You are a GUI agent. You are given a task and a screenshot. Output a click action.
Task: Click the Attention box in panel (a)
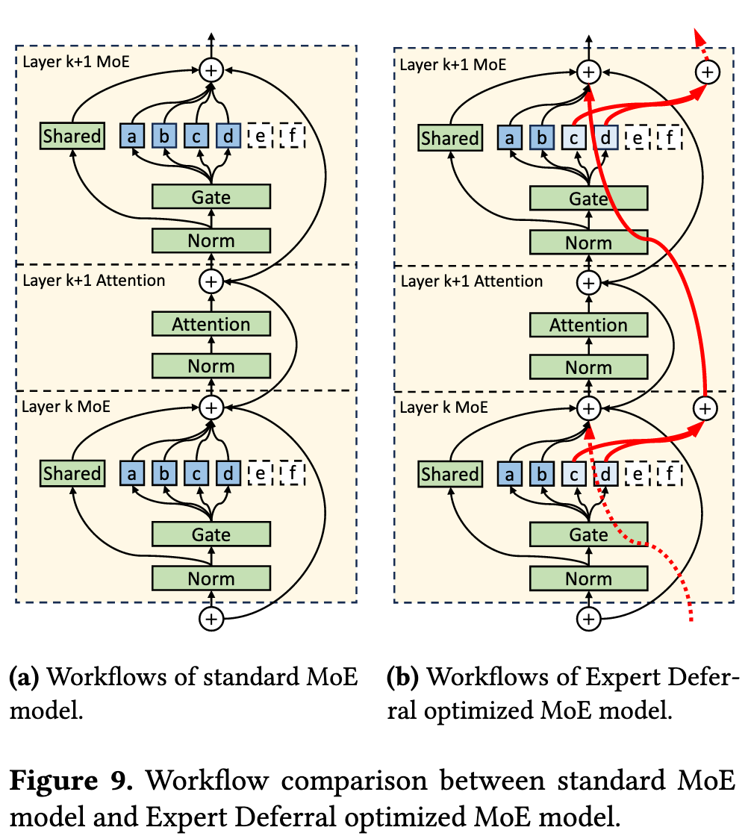pyautogui.click(x=211, y=324)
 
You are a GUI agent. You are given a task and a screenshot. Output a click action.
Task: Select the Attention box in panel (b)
pyautogui.click(x=588, y=325)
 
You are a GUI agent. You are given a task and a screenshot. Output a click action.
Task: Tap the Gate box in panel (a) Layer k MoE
pyautogui.click(x=211, y=534)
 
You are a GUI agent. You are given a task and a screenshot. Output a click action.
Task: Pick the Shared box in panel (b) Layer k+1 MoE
pyautogui.click(x=449, y=138)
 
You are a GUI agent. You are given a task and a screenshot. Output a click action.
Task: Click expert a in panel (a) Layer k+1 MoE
pyautogui.click(x=132, y=136)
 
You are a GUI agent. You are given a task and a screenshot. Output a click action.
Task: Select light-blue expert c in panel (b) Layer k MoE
pyautogui.click(x=573, y=474)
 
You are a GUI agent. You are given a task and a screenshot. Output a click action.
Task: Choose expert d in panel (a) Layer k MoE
pyautogui.click(x=228, y=473)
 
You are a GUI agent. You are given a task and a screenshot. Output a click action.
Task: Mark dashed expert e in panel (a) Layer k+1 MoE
pyautogui.click(x=260, y=136)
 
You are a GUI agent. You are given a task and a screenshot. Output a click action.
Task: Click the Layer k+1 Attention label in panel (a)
pyautogui.click(x=94, y=281)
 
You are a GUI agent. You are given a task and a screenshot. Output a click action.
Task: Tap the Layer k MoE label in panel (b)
pyautogui.click(x=443, y=408)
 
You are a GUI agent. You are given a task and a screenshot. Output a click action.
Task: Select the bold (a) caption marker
pyautogui.click(x=24, y=679)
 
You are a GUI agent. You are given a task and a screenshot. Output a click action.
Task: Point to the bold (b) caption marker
pyautogui.click(x=402, y=679)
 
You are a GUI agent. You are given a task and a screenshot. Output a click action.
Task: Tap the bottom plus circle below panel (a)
pyautogui.click(x=211, y=618)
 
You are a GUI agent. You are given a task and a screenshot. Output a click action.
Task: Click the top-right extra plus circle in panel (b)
pyautogui.click(x=706, y=72)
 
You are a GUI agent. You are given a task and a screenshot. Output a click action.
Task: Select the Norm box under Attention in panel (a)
pyautogui.click(x=211, y=366)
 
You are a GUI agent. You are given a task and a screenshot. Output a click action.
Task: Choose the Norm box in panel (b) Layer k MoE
pyautogui.click(x=588, y=579)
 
